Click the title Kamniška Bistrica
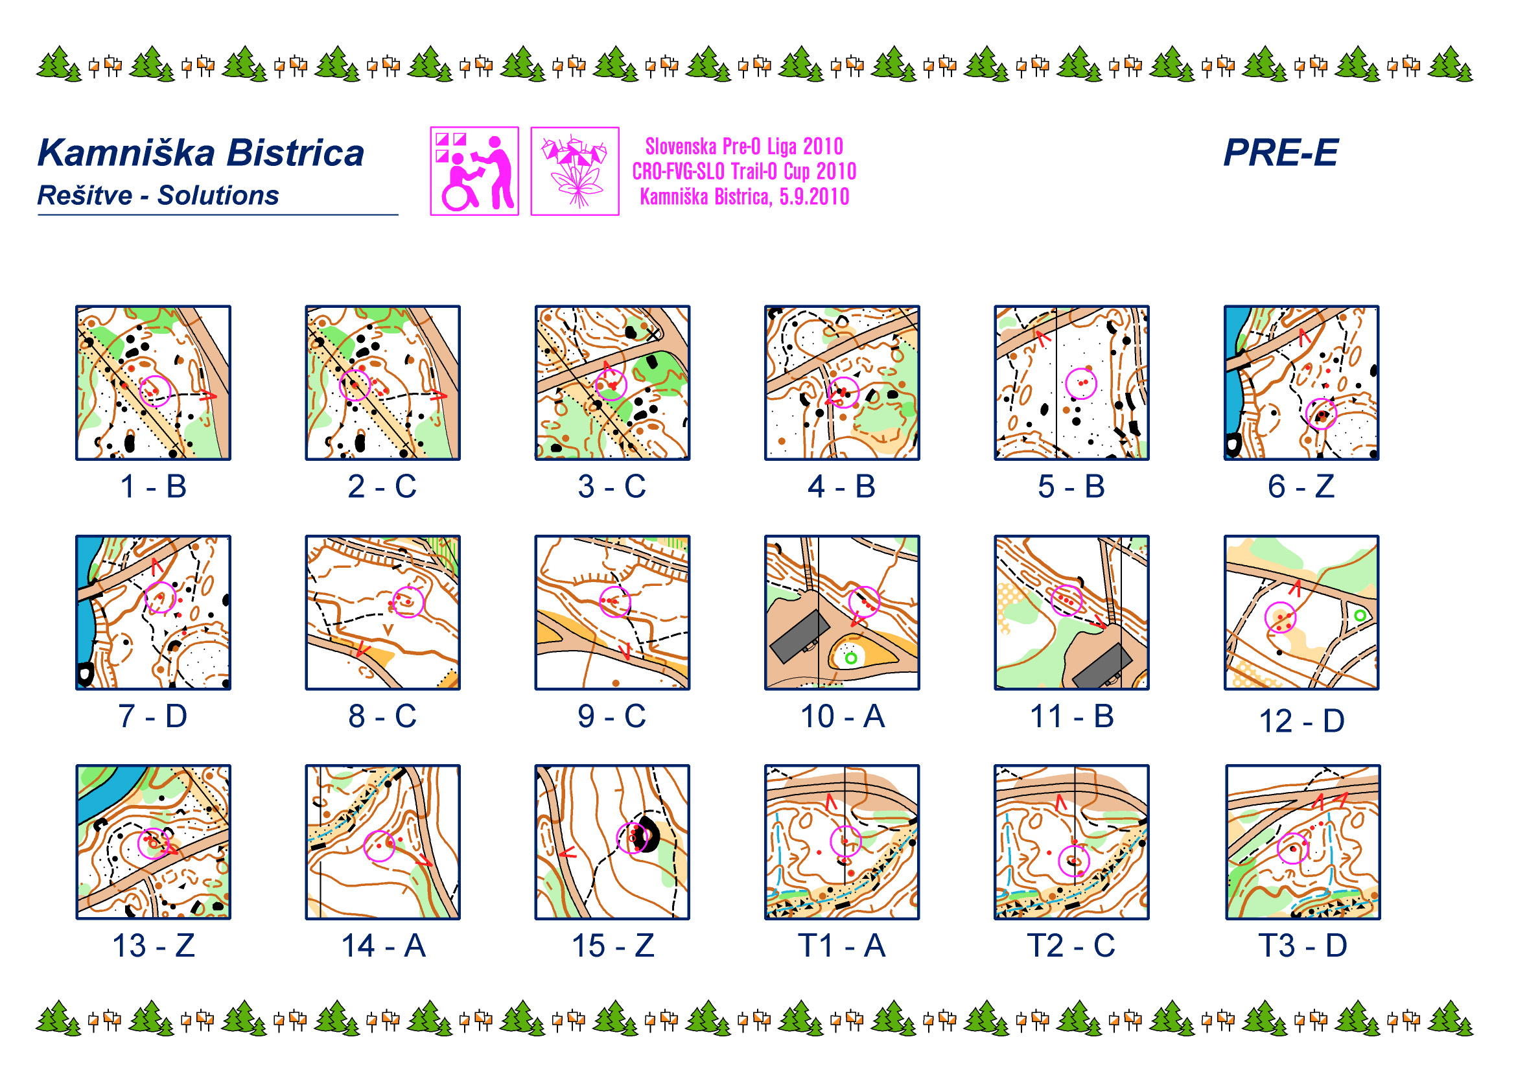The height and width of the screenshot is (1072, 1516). pos(201,152)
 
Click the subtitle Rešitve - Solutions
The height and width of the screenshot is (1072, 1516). pos(157,195)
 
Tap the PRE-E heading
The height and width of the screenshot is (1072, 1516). pos(1280,152)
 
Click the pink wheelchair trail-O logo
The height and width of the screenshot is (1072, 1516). pos(474,171)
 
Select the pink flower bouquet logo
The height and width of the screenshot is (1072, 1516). pos(574,171)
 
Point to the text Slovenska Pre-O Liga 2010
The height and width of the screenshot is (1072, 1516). pos(744,146)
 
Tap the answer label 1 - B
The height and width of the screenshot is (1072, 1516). pos(153,487)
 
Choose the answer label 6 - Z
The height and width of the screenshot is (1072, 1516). pos(1301,487)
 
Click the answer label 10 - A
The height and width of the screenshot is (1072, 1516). pos(842,716)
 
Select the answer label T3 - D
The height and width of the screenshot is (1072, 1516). pos(1302,945)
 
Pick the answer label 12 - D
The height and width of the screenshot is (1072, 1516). pos(1301,720)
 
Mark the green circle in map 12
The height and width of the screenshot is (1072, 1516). pos(1360,615)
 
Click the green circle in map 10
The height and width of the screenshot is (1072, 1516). pos(851,658)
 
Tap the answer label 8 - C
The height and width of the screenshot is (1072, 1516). pos(382,716)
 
